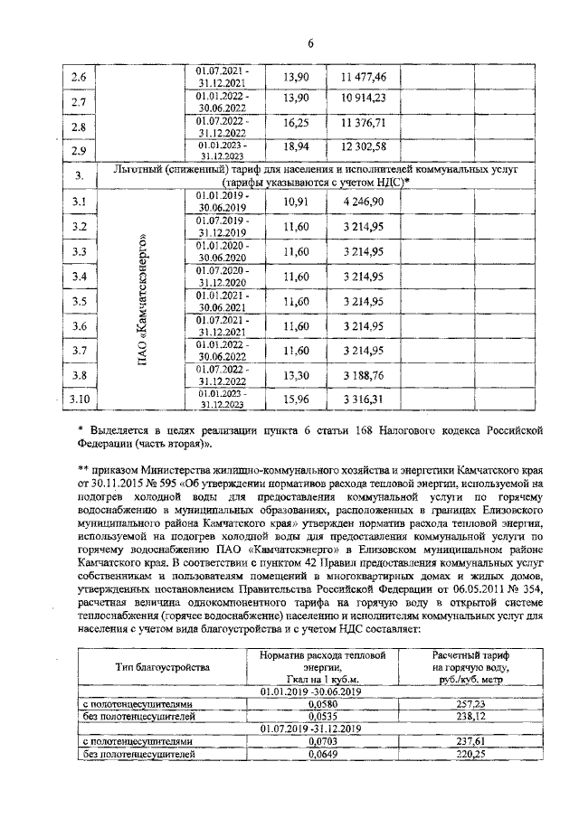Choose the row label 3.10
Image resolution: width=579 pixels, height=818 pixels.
coord(81,399)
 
